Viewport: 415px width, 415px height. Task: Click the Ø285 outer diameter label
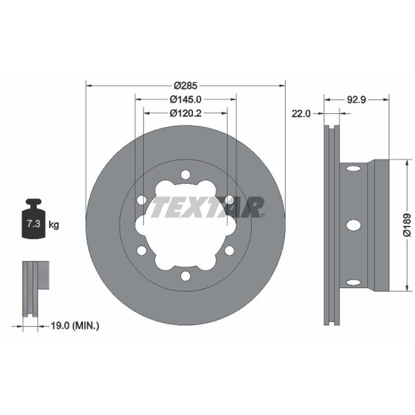[186, 86]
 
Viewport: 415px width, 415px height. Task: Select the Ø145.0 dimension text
[185, 100]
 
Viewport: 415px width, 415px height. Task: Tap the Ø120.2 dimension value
[185, 113]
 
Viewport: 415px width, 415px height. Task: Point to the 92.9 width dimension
[356, 100]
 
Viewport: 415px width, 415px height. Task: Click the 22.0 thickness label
[301, 114]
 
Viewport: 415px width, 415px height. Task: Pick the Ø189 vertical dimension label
[407, 225]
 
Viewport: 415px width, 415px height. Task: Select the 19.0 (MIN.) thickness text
[75, 326]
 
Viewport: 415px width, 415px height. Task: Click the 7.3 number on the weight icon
[34, 224]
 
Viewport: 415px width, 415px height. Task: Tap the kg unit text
[54, 225]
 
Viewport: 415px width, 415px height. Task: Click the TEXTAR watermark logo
[207, 207]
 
